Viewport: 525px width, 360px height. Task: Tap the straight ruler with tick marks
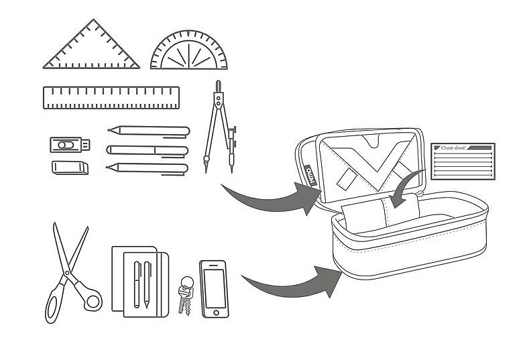point(111,98)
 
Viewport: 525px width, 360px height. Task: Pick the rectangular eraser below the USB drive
point(70,167)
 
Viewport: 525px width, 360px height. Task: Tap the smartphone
point(214,289)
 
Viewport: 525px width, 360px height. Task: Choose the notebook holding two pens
point(139,282)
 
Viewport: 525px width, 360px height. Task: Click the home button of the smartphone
point(214,312)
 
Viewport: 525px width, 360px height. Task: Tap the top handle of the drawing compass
point(219,86)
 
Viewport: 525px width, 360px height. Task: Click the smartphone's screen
point(214,287)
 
